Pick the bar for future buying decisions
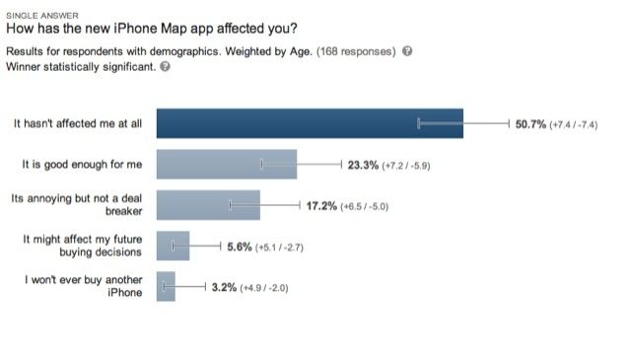click(x=173, y=246)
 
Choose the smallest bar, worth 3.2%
click(x=166, y=286)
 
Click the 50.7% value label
click(x=535, y=124)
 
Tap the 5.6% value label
click(x=240, y=246)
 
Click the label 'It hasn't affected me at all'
click(x=78, y=124)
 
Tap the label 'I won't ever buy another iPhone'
click(x=84, y=286)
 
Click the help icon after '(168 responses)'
click(x=407, y=51)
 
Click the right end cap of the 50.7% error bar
click(x=508, y=123)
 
